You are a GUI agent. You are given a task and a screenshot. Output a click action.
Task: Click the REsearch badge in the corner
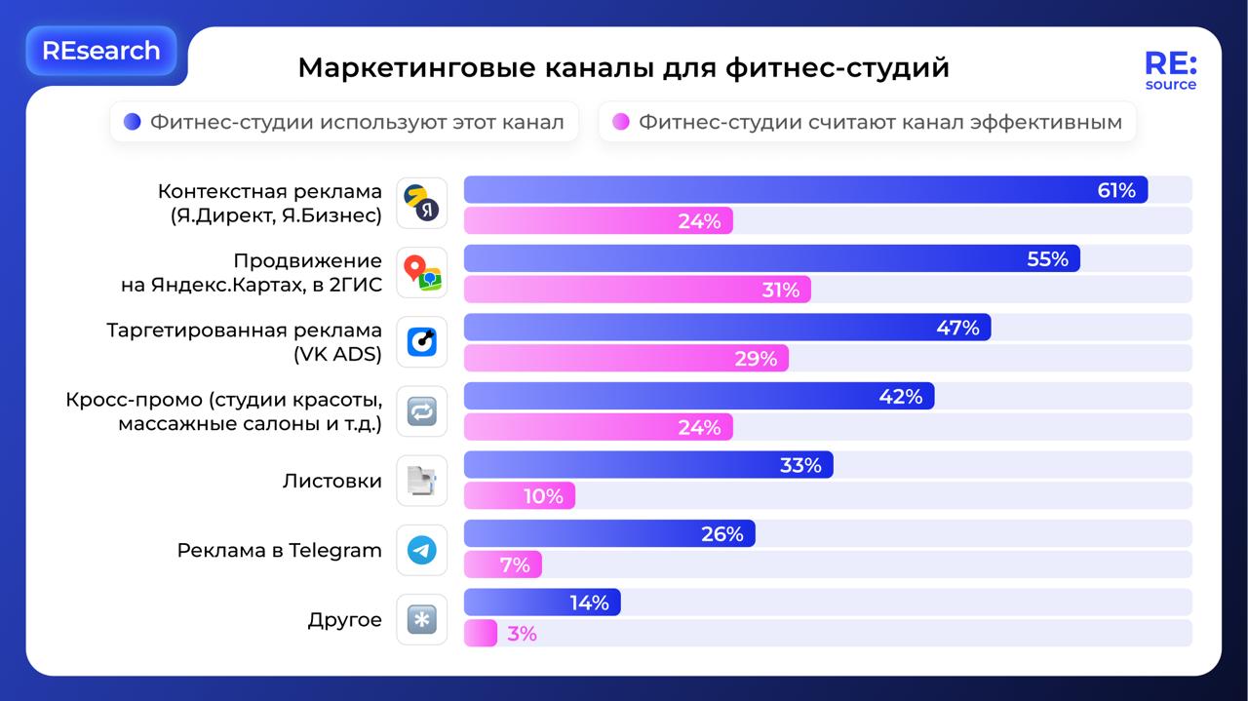coord(101,51)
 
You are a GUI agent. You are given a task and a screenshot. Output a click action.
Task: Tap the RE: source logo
coord(1170,71)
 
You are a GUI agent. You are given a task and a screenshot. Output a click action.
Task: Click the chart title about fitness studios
coord(623,68)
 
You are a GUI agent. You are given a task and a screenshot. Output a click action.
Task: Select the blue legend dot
coord(133,122)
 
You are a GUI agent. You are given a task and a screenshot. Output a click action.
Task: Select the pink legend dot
coord(620,122)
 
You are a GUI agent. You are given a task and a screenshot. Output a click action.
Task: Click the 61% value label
coord(1116,191)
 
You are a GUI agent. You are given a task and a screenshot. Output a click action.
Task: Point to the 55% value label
coord(1047,259)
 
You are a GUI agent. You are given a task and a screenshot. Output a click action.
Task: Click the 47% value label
coord(957,329)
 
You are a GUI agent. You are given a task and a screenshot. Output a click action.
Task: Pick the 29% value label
coord(756,359)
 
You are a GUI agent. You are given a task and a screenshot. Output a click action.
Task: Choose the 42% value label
coord(900,397)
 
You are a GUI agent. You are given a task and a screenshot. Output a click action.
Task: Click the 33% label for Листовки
coord(800,466)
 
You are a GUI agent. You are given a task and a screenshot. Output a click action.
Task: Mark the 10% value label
coord(543,496)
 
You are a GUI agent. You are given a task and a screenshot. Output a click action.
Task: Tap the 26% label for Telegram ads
coord(721,534)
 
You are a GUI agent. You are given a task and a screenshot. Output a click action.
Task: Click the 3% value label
coord(522,634)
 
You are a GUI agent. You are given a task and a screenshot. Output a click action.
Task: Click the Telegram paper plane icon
coord(422,550)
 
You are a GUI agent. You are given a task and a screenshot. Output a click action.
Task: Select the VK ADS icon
coord(422,342)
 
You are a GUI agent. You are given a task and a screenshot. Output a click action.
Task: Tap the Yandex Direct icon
coord(422,203)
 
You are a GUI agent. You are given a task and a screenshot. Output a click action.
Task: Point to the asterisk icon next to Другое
coord(422,620)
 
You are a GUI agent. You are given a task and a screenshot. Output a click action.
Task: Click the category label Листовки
coord(331,481)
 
